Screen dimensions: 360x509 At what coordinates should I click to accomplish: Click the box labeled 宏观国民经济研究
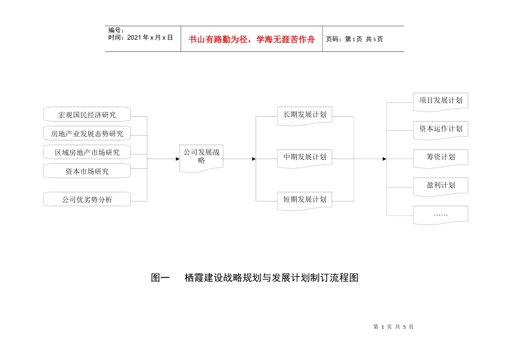coord(87,115)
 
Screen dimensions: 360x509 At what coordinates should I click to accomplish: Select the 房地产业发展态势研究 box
coord(87,133)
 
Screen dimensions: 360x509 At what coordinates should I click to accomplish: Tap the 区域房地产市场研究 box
coord(87,152)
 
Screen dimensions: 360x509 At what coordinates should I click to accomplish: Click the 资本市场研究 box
coord(87,171)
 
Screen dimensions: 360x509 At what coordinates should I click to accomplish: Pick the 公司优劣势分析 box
coord(87,200)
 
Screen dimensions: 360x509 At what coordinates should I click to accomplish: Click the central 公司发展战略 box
coord(201,156)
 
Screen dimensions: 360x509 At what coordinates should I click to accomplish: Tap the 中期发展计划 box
coord(305,157)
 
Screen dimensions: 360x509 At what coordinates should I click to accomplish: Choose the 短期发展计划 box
coord(305,199)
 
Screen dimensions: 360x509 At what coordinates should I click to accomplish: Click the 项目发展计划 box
coord(440,100)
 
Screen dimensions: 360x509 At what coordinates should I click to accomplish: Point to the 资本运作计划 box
coord(440,129)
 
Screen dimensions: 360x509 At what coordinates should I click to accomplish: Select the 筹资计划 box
coord(440,157)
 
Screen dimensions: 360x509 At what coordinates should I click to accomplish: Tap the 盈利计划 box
coord(440,185)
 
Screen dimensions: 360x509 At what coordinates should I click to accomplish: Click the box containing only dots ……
coord(440,214)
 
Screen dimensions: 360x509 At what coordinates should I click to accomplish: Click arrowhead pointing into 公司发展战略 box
coord(177,159)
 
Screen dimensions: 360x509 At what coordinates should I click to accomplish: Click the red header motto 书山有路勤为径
coord(252,39)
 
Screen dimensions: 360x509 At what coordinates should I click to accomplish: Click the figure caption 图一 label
coord(160,278)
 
